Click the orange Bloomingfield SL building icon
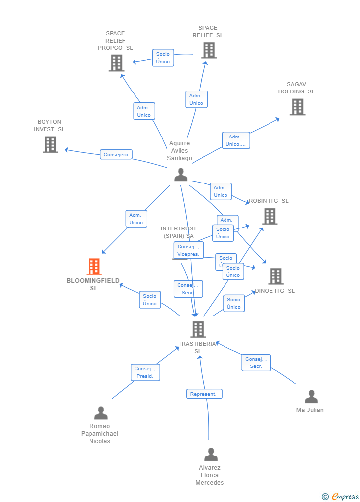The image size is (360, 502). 94,267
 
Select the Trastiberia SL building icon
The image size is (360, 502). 198,329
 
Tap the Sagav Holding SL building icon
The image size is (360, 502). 297,107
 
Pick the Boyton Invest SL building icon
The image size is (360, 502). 50,144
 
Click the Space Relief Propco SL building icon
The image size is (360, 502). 116,63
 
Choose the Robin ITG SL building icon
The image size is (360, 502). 270,216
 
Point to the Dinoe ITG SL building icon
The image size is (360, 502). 276,276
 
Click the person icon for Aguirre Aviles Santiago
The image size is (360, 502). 181,175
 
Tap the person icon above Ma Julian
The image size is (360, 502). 311,397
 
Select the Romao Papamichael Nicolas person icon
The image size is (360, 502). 101,413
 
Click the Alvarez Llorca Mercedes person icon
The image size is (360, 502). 211,454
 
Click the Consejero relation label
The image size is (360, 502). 116,155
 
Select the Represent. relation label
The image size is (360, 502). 204,394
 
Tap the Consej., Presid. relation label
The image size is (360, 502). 145,372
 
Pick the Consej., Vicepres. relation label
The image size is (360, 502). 188,250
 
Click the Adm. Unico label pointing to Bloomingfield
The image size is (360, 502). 136,219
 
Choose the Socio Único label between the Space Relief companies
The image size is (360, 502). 163,58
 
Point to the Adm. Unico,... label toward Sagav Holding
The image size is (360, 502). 236,140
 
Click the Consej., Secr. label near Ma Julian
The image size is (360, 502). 256,363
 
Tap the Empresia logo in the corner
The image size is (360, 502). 340,496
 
